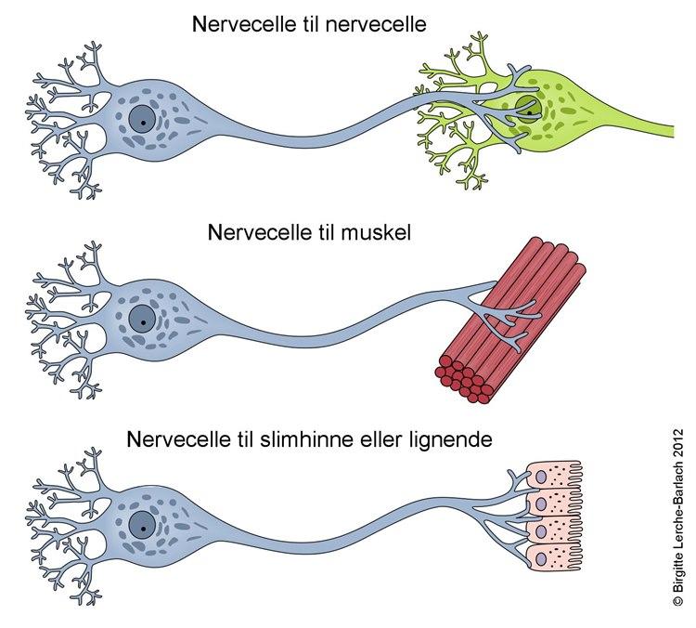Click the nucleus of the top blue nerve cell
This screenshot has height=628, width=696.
coord(143,119)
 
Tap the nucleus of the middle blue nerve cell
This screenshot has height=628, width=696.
coord(143,318)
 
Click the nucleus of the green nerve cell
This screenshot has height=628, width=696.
coord(526,109)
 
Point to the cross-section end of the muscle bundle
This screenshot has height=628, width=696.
coord(465,380)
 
